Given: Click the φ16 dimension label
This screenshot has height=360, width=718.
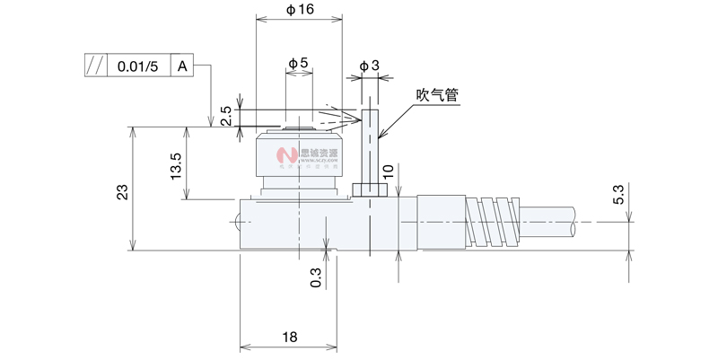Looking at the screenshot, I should point(300,9).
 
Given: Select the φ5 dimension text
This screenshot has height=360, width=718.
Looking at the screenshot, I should point(299,64).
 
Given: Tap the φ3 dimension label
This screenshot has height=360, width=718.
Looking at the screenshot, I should point(369,66).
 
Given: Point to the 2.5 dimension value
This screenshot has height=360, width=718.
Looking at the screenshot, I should point(226,116).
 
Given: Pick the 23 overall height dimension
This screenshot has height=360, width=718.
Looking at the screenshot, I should point(123,191).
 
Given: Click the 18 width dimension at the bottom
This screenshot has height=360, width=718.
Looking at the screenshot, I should point(289,337).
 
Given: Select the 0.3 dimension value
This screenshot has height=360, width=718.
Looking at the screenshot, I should point(316,277).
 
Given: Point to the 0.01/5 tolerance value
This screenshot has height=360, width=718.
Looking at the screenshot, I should point(137,66).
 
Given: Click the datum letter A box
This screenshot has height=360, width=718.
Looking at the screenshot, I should point(182,66).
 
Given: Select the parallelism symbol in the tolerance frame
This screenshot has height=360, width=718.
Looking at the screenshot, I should point(94,66).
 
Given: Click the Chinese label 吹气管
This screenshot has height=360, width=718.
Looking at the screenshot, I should point(437,94).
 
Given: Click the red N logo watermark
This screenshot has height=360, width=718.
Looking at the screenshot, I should point(290,161).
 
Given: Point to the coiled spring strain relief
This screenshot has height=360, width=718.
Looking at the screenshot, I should point(491,221).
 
